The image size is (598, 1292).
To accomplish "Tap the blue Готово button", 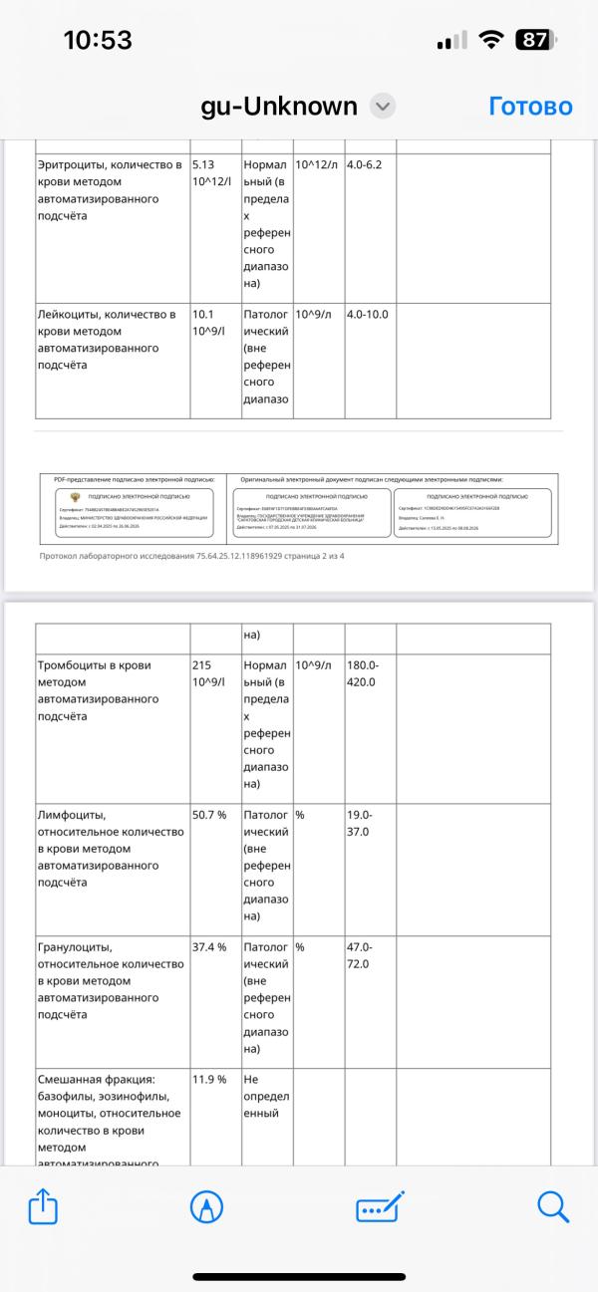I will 530,107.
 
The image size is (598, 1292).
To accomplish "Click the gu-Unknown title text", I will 279,107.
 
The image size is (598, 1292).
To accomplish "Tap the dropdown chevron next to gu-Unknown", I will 383,107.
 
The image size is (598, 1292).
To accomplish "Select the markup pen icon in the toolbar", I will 206,1207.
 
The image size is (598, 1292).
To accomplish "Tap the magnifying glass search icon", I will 552,1207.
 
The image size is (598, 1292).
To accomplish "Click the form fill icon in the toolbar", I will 381,1207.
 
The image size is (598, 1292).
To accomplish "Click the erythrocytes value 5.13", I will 204,164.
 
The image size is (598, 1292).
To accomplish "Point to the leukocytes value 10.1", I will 204,315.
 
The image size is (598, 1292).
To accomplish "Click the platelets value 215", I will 202,664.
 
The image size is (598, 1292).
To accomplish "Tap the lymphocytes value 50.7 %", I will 209,815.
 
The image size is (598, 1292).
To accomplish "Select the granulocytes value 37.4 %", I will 209,946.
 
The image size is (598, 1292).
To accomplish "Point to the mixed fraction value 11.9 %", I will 209,1079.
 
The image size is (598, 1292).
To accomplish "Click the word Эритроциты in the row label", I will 76,164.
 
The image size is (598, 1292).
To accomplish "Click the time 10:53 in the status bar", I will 98,40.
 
